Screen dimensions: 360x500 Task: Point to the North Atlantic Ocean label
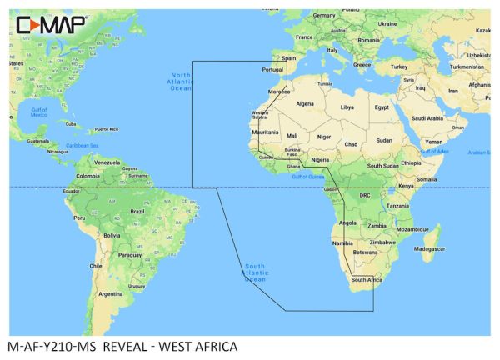coord(181,82)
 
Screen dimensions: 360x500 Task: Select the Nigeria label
coord(322,159)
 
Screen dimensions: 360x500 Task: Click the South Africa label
coord(367,280)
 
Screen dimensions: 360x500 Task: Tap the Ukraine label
coord(387,24)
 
